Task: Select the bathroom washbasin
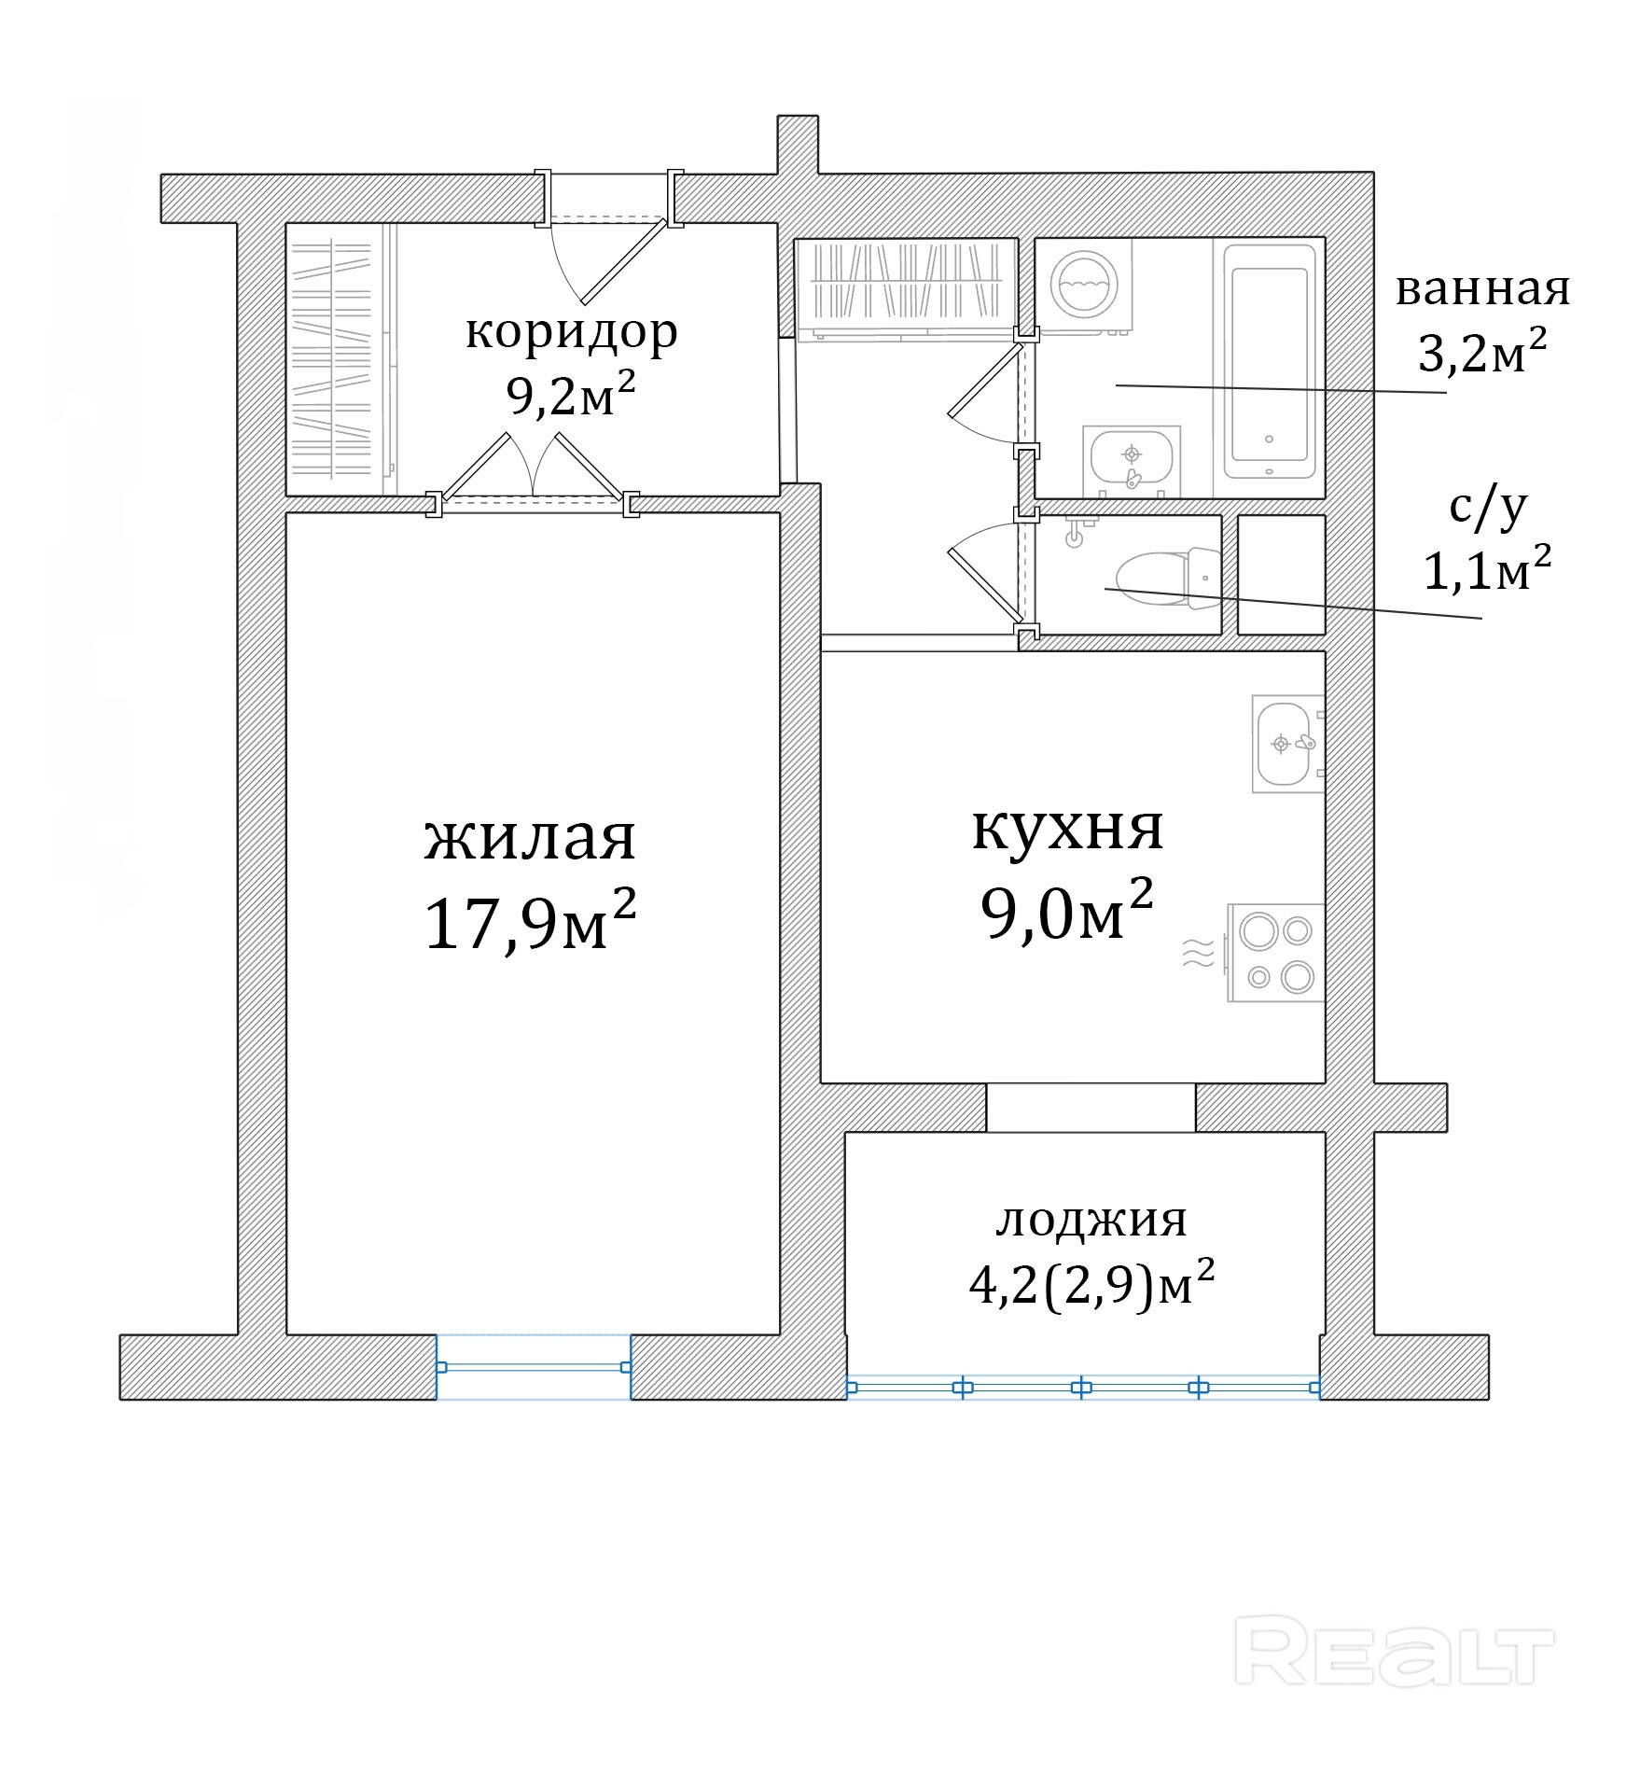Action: coord(1132,461)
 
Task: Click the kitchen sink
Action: coord(1288,744)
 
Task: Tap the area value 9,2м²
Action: coord(571,395)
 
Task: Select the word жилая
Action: coord(530,837)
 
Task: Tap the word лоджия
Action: coord(1091,1220)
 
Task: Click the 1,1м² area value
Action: coord(1487,570)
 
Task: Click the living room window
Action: coord(535,1367)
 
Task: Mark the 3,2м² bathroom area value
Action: coord(1482,352)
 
